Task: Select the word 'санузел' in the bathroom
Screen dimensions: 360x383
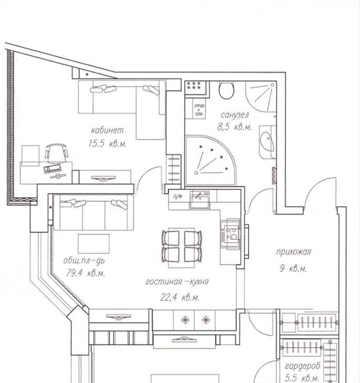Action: pyautogui.click(x=235, y=115)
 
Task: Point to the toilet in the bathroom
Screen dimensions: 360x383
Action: pyautogui.click(x=227, y=90)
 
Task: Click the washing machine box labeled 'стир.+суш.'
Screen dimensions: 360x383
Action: pyautogui.click(x=199, y=109)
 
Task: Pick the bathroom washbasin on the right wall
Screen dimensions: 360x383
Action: pyautogui.click(x=267, y=142)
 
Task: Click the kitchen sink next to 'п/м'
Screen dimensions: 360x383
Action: pyautogui.click(x=199, y=200)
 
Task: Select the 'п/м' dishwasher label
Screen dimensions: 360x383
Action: pyautogui.click(x=178, y=197)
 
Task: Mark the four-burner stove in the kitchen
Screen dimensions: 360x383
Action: pyautogui.click(x=230, y=233)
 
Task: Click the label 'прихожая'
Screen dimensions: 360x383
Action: pyautogui.click(x=293, y=252)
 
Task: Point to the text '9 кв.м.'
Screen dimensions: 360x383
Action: pyautogui.click(x=293, y=269)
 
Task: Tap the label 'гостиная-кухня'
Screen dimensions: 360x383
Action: pyautogui.click(x=177, y=282)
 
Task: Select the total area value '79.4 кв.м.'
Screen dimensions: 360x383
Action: pyautogui.click(x=86, y=273)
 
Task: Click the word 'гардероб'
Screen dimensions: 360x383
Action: pyautogui.click(x=303, y=366)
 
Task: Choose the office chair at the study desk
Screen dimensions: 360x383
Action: pyautogui.click(x=56, y=153)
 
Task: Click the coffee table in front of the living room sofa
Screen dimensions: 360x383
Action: pyautogui.click(x=93, y=243)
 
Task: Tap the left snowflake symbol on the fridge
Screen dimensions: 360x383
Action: pyautogui.click(x=185, y=320)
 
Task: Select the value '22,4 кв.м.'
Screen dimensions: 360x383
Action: pyautogui.click(x=179, y=297)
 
